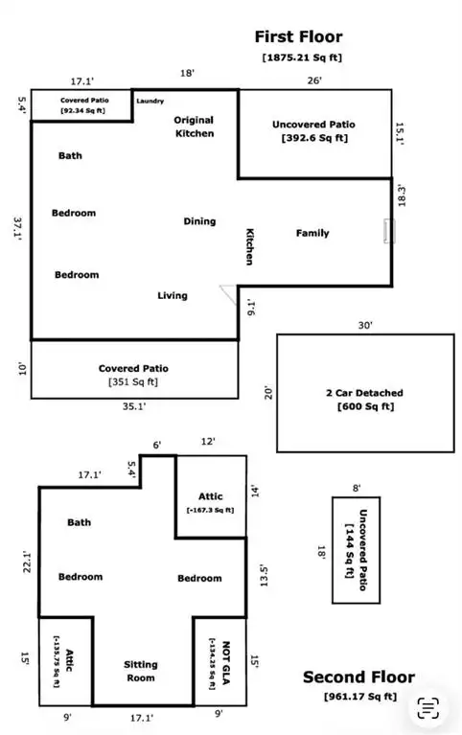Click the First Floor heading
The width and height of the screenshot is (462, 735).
(x=298, y=36)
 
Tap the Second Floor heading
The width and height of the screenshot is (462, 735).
(x=358, y=677)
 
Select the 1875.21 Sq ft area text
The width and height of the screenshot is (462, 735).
(x=302, y=57)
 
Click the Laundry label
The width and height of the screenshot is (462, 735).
(x=150, y=101)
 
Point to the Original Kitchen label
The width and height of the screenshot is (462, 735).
(x=195, y=126)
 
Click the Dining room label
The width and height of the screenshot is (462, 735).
(x=199, y=221)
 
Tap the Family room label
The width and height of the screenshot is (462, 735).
(x=312, y=233)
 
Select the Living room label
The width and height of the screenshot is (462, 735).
(x=173, y=295)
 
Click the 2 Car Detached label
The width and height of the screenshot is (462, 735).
(x=364, y=393)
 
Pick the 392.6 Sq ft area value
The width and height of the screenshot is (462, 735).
(x=314, y=138)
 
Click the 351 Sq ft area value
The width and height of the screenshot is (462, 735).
(x=133, y=381)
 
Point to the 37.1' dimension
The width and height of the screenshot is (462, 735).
(x=19, y=228)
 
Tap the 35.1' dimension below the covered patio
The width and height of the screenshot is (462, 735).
(x=134, y=406)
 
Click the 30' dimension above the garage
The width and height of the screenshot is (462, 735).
(x=365, y=325)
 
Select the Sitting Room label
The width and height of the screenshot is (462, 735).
(x=141, y=671)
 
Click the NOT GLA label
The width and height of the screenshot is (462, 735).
(x=225, y=663)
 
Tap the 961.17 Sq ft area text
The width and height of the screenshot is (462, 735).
(x=360, y=697)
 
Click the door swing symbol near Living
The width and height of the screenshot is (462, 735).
(x=228, y=295)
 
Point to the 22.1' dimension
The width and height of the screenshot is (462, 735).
(x=27, y=563)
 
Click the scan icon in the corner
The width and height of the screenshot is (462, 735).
(x=428, y=707)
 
